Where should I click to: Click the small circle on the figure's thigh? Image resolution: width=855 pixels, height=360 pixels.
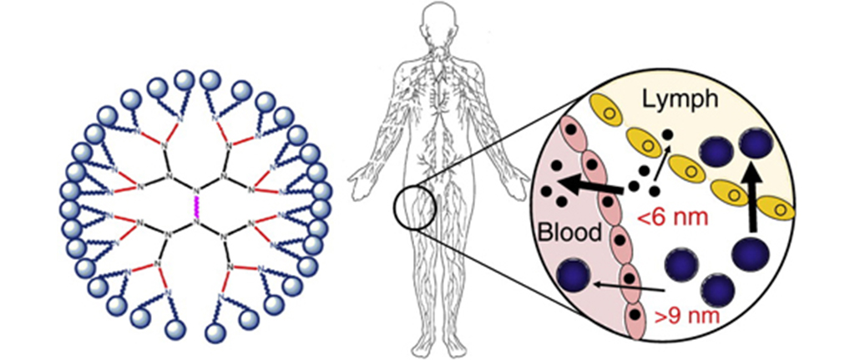tap(413, 207)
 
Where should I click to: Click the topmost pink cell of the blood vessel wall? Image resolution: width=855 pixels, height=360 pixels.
tap(572, 134)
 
